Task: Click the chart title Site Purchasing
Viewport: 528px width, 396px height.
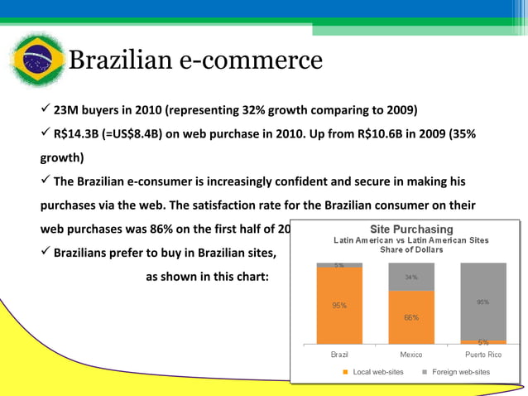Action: pos(411,229)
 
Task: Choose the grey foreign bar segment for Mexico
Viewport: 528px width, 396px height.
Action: pos(411,277)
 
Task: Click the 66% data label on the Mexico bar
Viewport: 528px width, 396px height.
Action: pos(411,317)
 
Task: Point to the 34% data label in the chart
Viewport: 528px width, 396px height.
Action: pos(411,278)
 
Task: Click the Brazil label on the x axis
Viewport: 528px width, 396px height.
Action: pos(339,355)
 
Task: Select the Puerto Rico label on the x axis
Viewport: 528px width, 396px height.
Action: pos(482,355)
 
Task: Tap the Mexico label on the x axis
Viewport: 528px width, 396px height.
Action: pos(411,355)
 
